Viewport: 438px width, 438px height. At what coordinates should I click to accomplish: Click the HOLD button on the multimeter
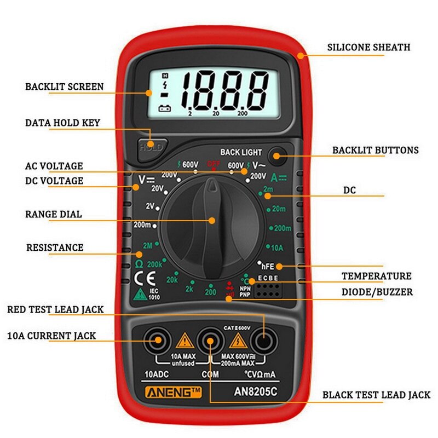[150, 147]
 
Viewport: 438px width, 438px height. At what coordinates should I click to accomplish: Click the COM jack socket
[210, 342]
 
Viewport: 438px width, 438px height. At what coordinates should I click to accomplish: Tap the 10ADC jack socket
[157, 342]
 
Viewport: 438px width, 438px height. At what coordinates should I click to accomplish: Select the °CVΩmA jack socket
[263, 342]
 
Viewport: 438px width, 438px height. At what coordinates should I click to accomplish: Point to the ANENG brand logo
[166, 392]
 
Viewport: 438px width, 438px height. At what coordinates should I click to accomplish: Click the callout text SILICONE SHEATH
[368, 47]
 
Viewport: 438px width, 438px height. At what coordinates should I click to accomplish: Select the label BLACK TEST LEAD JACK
[376, 394]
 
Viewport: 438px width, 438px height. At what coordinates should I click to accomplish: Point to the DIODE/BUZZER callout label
[377, 292]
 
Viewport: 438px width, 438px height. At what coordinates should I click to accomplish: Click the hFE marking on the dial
[268, 266]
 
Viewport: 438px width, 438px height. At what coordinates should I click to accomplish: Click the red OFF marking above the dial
[213, 163]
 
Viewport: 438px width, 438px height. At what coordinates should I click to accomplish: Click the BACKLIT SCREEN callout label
[64, 87]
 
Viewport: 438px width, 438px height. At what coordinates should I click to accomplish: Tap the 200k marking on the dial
[155, 264]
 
